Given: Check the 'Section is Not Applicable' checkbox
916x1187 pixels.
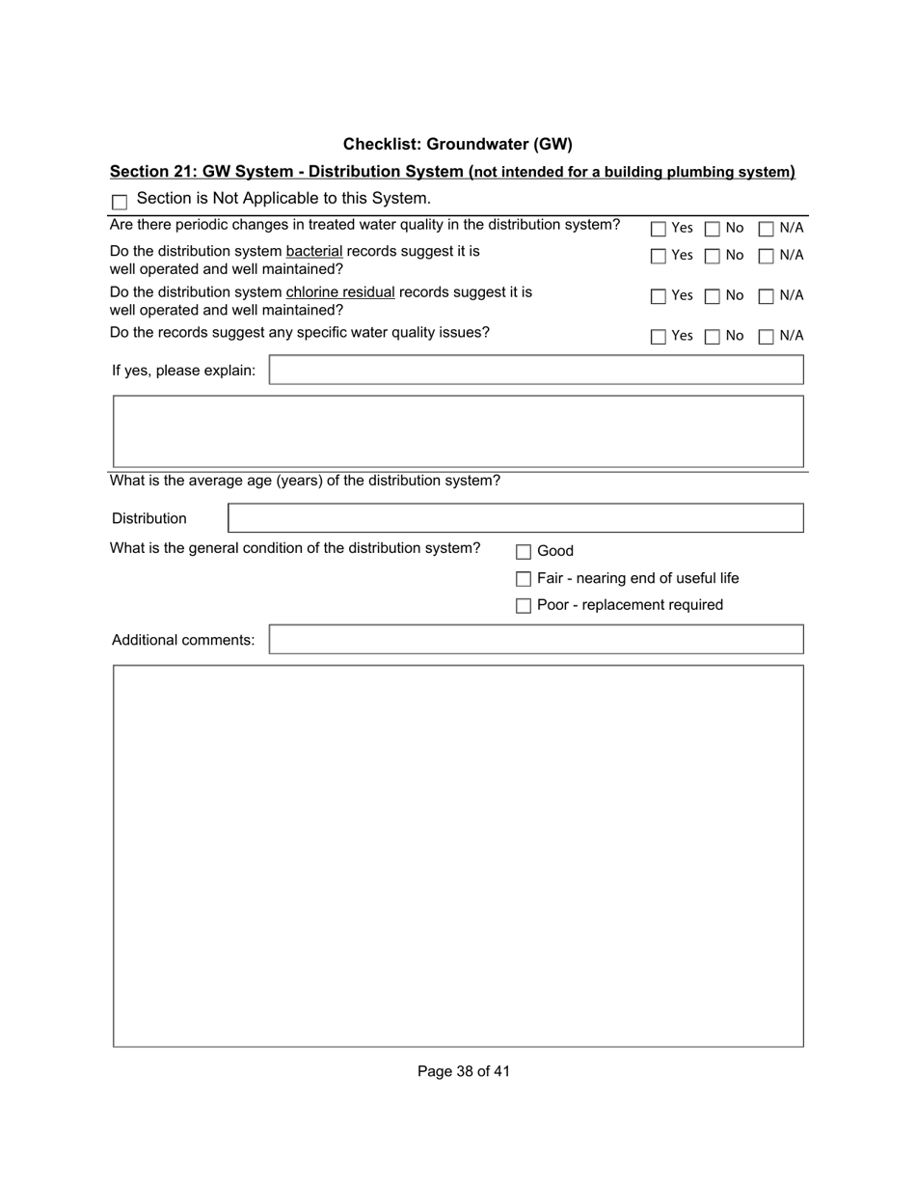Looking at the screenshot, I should coord(120,202).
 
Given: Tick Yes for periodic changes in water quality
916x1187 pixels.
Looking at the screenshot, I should coord(659,229).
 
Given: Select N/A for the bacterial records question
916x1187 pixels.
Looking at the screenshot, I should coord(767,256).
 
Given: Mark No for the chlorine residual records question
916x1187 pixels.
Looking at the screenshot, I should coord(713,296).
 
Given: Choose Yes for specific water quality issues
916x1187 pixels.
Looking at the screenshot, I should coord(659,337).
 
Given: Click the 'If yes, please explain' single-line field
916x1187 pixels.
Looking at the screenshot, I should coord(535,370).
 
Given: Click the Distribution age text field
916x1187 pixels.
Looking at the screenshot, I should coord(515,518).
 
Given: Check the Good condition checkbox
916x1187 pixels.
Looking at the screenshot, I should coord(524,552).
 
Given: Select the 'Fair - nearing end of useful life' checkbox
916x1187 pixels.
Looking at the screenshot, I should coord(524,579).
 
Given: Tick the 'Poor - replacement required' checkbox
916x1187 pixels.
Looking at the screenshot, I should coord(524,606).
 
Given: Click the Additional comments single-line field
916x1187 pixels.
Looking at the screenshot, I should coord(535,640).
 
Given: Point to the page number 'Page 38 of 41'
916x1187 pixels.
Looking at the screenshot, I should coord(463,1071).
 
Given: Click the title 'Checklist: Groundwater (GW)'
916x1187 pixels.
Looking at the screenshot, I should coord(457,144).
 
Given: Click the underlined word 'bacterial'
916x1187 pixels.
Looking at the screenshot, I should coord(313,251).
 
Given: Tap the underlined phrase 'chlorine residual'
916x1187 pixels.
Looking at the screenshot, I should coord(340,291).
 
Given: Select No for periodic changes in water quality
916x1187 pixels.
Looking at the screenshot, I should coord(713,229).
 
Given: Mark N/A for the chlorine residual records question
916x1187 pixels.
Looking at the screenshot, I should coord(767,296).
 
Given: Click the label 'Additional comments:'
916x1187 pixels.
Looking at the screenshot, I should coord(183,640).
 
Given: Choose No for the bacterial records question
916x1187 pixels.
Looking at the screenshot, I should coord(713,256).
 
